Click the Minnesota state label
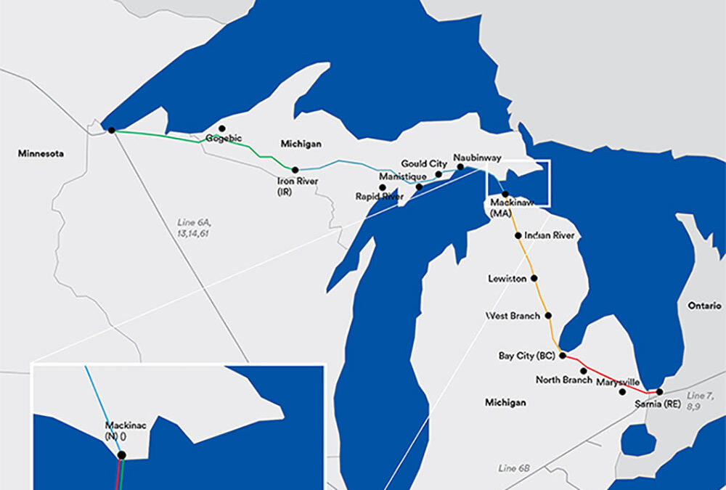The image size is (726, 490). (41, 154)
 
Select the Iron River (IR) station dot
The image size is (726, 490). (295, 170)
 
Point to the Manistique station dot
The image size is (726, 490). (419, 187)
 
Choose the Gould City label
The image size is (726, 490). (424, 164)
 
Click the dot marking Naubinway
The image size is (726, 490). (460, 167)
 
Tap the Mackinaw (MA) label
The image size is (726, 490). (512, 208)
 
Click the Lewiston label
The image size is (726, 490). (508, 279)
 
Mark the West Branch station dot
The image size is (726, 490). (548, 316)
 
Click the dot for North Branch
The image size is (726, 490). (584, 371)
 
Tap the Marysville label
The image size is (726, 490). (618, 382)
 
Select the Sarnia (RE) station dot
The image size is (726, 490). (659, 392)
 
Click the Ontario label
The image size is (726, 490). (703, 306)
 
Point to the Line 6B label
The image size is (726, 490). (513, 468)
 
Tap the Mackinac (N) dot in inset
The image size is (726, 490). (121, 455)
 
